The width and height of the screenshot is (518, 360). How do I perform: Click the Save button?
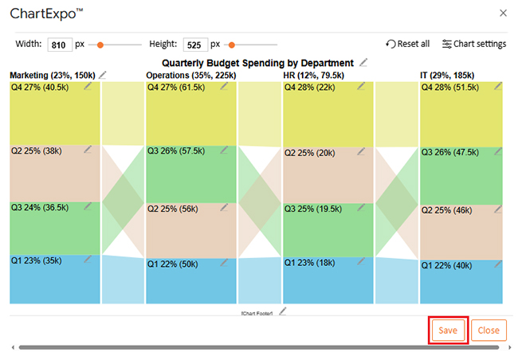(x=447, y=331)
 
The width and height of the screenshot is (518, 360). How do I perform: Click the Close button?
(x=489, y=331)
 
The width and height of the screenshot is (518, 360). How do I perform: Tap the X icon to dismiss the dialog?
(x=502, y=13)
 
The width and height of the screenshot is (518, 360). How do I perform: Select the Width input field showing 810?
(x=59, y=45)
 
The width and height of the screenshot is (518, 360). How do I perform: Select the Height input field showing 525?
(x=194, y=45)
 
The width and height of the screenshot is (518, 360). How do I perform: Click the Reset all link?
(x=408, y=44)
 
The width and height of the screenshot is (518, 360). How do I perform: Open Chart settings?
(x=474, y=44)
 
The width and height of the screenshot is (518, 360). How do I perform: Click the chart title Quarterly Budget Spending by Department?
(x=257, y=62)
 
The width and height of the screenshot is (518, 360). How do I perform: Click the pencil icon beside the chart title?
(x=364, y=61)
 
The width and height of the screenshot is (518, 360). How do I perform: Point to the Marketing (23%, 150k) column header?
(x=53, y=75)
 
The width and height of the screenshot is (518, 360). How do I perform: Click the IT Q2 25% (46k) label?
(x=447, y=211)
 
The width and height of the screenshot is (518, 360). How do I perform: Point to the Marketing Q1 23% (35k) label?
(x=36, y=260)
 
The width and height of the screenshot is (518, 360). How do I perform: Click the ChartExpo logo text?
(x=48, y=13)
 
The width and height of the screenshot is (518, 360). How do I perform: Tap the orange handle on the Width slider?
(x=92, y=45)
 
